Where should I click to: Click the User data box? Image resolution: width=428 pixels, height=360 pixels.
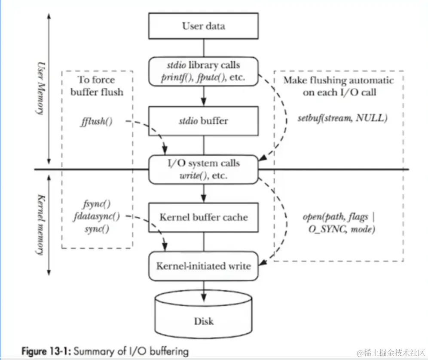pyautogui.click(x=203, y=26)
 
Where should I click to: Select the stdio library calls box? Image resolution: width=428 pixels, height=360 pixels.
pyautogui.click(x=203, y=72)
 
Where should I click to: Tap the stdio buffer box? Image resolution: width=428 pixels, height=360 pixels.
pyautogui.click(x=203, y=120)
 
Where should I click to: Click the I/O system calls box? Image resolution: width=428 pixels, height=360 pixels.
pyautogui.click(x=203, y=169)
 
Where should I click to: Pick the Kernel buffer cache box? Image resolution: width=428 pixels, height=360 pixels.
pyautogui.click(x=203, y=217)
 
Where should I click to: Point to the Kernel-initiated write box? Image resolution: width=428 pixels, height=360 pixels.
pyautogui.click(x=203, y=266)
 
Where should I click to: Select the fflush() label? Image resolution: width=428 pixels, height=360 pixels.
pyautogui.click(x=96, y=121)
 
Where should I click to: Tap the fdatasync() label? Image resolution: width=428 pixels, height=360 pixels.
pyautogui.click(x=96, y=216)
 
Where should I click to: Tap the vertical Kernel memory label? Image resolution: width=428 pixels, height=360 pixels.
pyautogui.click(x=41, y=223)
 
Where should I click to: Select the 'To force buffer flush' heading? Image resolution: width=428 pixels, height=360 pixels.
pyautogui.click(x=96, y=86)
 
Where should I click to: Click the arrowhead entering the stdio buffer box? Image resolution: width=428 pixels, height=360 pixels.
pyautogui.click(x=203, y=103)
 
